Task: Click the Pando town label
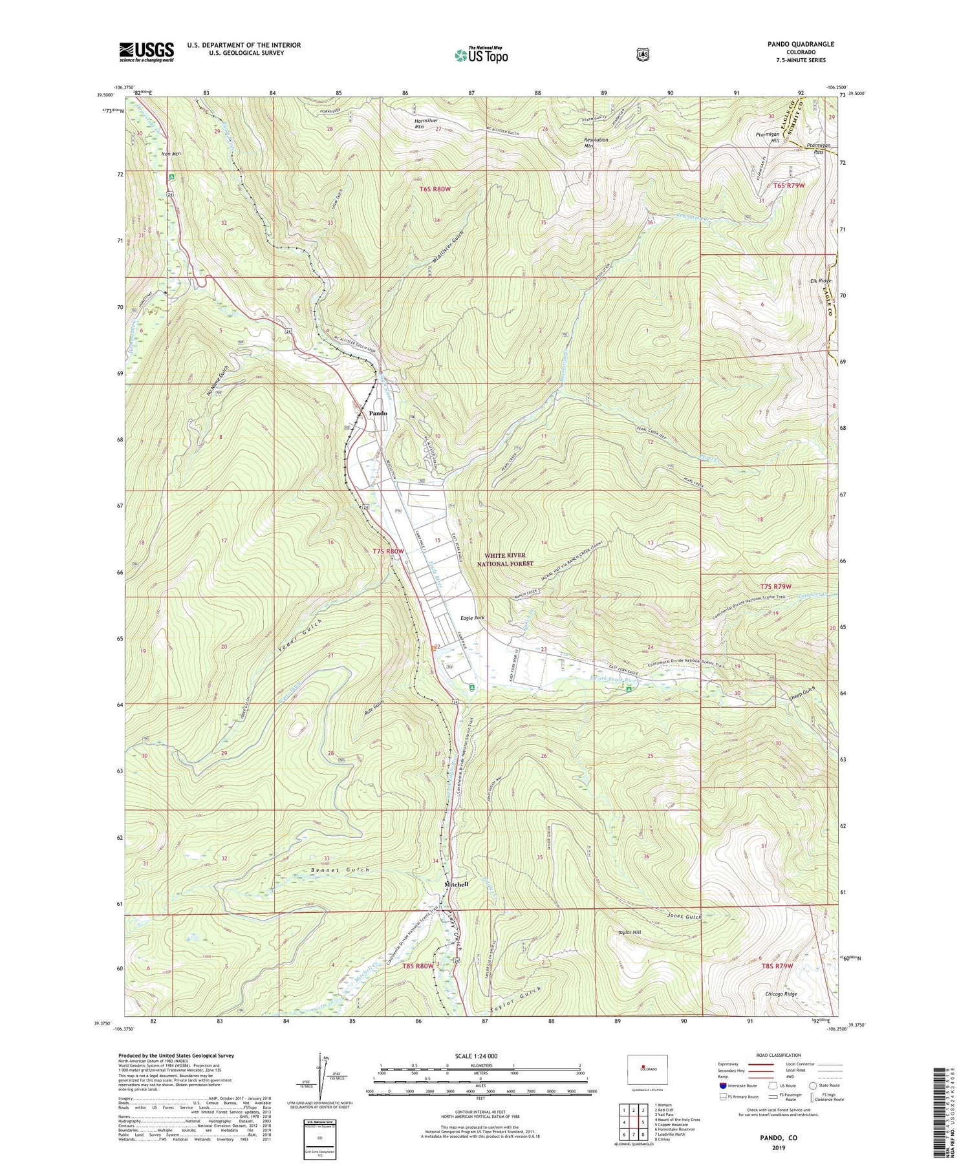(x=378, y=413)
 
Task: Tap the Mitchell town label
(x=456, y=884)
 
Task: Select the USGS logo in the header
(x=146, y=52)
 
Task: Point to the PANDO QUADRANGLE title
(x=799, y=44)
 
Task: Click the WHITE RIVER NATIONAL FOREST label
(x=510, y=559)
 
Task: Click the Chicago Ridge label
(x=781, y=994)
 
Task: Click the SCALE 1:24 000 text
(x=479, y=1056)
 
